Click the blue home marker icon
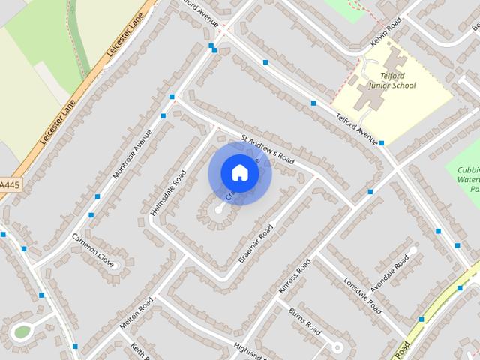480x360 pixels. click(x=239, y=172)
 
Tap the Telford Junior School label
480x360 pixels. click(x=388, y=80)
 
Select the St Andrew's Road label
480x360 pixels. click(x=268, y=150)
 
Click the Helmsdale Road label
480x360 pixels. click(x=168, y=193)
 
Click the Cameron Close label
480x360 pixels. click(x=93, y=250)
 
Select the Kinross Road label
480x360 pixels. click(x=294, y=276)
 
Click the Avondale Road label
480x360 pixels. click(x=389, y=273)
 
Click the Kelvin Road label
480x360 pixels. click(x=386, y=30)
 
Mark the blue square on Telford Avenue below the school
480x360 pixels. click(x=382, y=142)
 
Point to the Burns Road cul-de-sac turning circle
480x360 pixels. click(x=337, y=347)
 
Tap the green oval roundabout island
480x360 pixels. click(x=22, y=331)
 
